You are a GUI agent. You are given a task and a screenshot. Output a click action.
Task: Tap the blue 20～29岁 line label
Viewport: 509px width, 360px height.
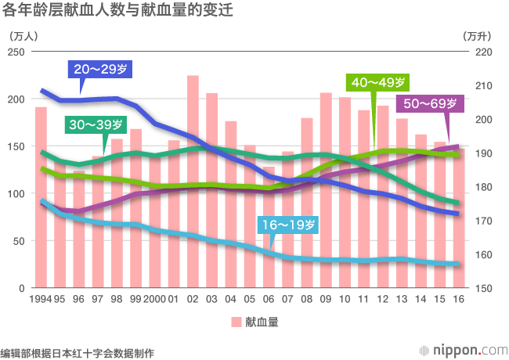pyautogui.click(x=99, y=70)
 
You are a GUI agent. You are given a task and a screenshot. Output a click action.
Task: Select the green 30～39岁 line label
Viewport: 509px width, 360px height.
pyautogui.click(x=96, y=125)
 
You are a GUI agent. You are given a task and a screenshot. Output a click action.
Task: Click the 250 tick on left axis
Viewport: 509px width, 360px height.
pyautogui.click(x=16, y=52)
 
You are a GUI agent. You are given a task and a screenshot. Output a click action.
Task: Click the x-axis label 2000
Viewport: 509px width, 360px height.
pyautogui.click(x=154, y=300)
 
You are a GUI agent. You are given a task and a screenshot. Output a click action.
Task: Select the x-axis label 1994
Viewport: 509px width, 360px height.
pyautogui.click(x=41, y=300)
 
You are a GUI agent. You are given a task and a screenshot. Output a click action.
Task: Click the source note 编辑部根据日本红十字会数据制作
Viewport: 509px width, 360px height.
pyautogui.click(x=77, y=353)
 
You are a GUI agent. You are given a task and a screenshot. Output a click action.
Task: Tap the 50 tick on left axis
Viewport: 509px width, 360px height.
pyautogui.click(x=20, y=241)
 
